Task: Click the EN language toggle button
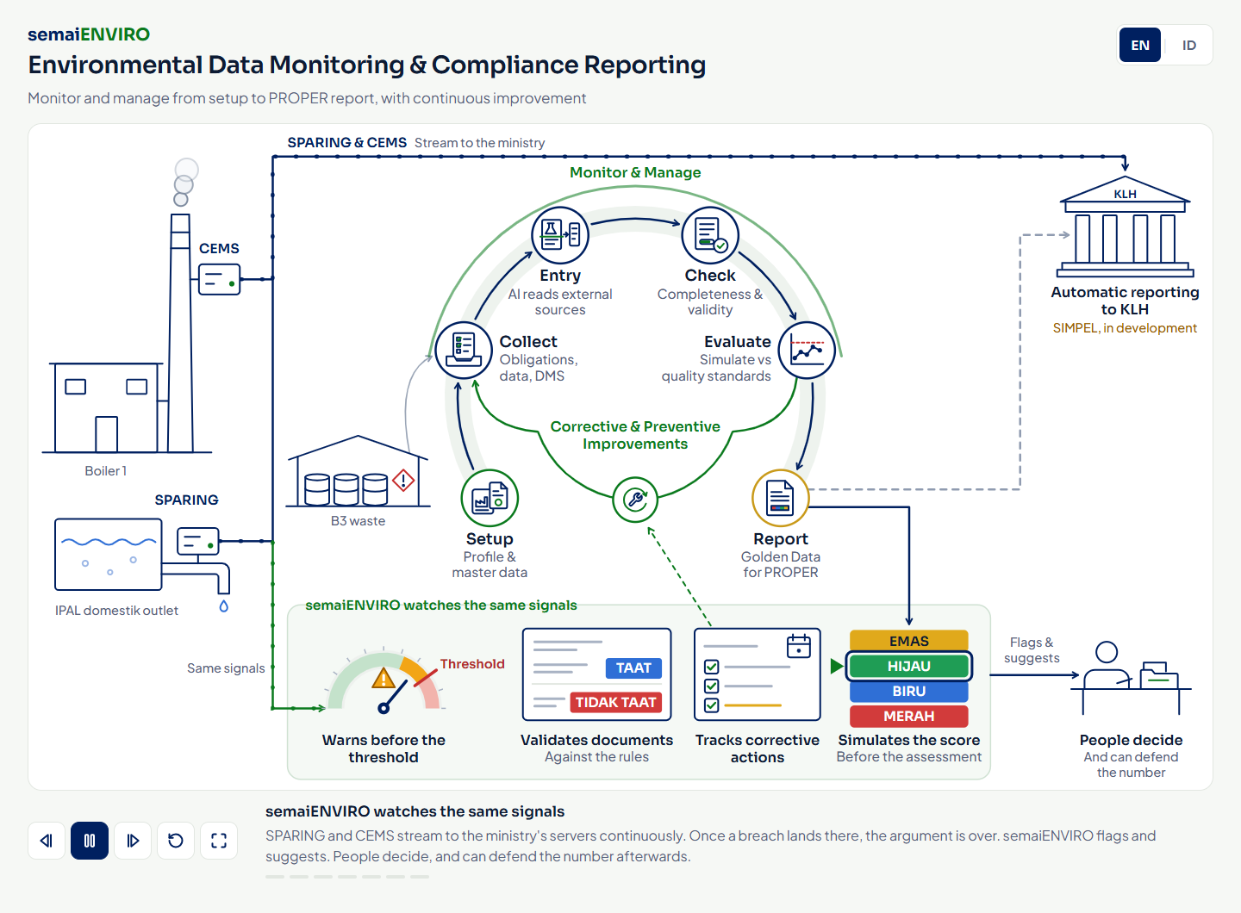1139,45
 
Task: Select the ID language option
1189,45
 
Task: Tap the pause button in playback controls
90,841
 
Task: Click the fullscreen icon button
219,841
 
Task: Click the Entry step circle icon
560,235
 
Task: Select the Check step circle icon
710,235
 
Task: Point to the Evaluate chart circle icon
807,350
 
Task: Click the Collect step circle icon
464,350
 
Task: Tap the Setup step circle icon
490,498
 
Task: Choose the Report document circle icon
780,498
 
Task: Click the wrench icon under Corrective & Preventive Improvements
635,500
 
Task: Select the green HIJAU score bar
908,666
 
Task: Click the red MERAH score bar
908,716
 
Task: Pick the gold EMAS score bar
908,641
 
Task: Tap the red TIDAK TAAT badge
615,702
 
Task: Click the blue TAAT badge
633,668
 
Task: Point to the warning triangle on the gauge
384,678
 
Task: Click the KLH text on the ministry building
1125,195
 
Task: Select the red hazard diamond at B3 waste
403,480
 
